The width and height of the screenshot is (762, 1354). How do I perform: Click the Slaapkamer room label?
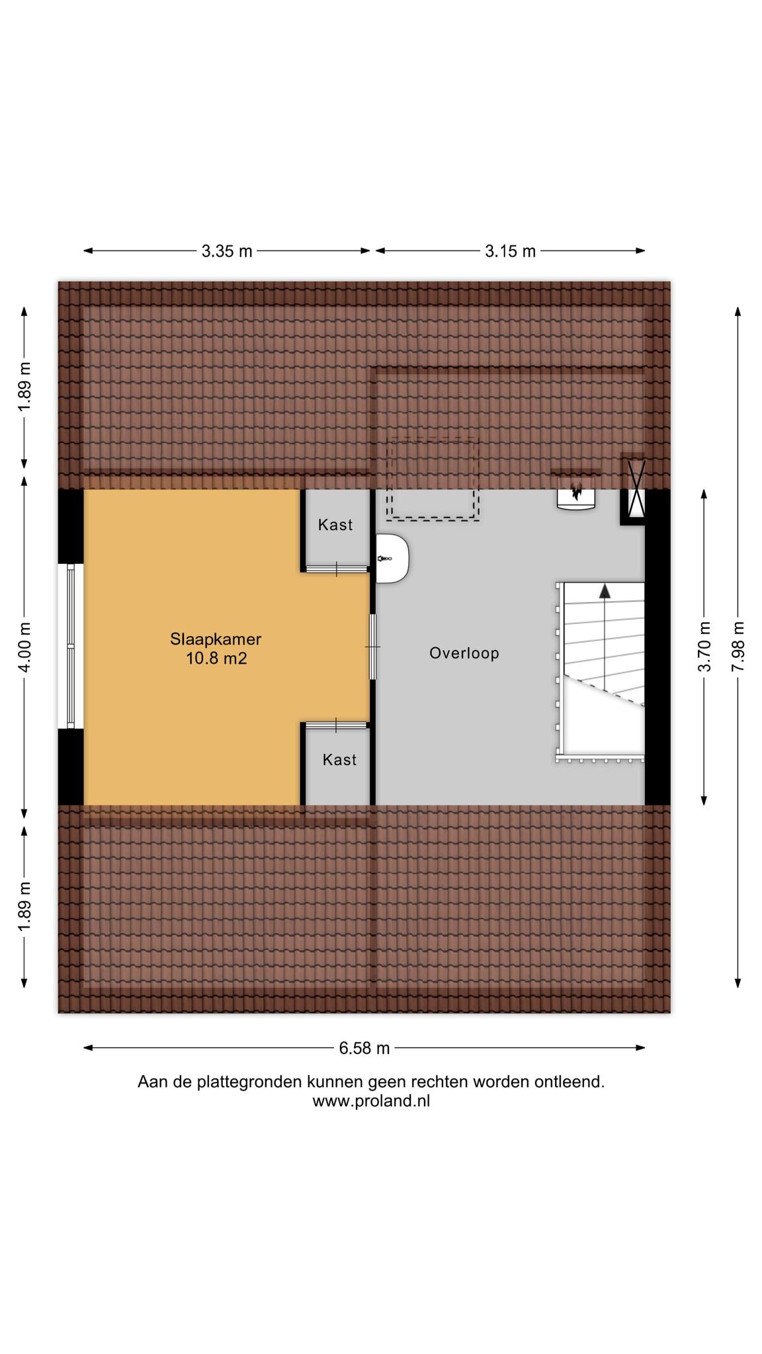tap(216, 639)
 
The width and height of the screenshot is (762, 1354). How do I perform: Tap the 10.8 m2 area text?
tap(216, 658)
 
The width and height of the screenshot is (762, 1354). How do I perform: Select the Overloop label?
tap(464, 653)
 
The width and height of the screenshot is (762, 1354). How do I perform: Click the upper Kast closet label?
tap(335, 525)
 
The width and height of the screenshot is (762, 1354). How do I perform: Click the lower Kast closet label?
tap(339, 760)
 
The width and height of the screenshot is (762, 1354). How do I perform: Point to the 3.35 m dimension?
tap(227, 251)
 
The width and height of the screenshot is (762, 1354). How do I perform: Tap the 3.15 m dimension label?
tap(510, 251)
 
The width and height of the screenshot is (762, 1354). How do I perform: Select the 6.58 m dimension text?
tap(364, 1048)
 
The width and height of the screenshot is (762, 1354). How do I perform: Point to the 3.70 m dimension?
tap(704, 647)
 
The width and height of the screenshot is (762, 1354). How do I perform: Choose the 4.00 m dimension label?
tap(24, 647)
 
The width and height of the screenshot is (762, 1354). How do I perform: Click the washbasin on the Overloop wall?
tap(392, 559)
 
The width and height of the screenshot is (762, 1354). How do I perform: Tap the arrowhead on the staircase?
tap(605, 591)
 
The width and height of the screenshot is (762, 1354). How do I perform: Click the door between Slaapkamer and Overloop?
tap(373, 647)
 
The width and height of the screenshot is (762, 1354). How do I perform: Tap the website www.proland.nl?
tap(371, 1101)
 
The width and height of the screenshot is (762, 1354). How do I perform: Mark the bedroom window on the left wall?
tap(71, 646)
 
